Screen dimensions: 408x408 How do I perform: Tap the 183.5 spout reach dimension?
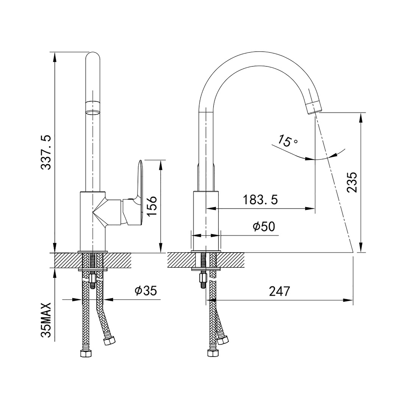click(x=260, y=200)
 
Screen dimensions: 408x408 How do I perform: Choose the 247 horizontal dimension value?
click(x=280, y=291)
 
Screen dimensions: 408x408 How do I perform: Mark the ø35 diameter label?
click(x=146, y=291)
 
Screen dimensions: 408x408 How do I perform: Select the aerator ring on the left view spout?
click(x=93, y=108)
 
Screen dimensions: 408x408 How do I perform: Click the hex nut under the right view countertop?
click(x=203, y=278)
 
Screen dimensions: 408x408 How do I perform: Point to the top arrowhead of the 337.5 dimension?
click(x=55, y=56)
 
